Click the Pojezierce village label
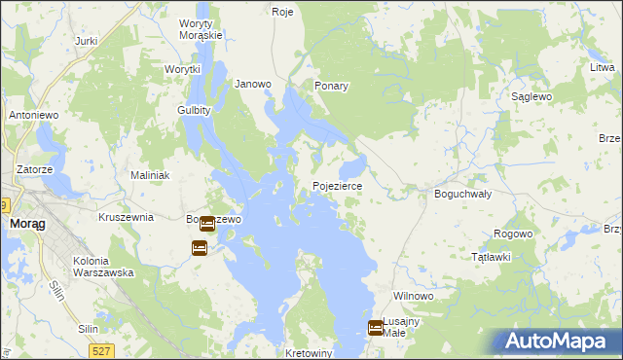338,185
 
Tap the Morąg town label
24,223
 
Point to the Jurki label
87,42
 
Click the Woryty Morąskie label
202,29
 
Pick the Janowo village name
253,84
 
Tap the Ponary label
331,86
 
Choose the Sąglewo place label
532,97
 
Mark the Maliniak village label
151,175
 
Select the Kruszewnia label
126,217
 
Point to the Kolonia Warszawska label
103,267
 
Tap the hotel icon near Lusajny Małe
376,328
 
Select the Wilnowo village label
412,295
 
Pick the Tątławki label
491,257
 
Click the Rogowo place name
513,234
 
